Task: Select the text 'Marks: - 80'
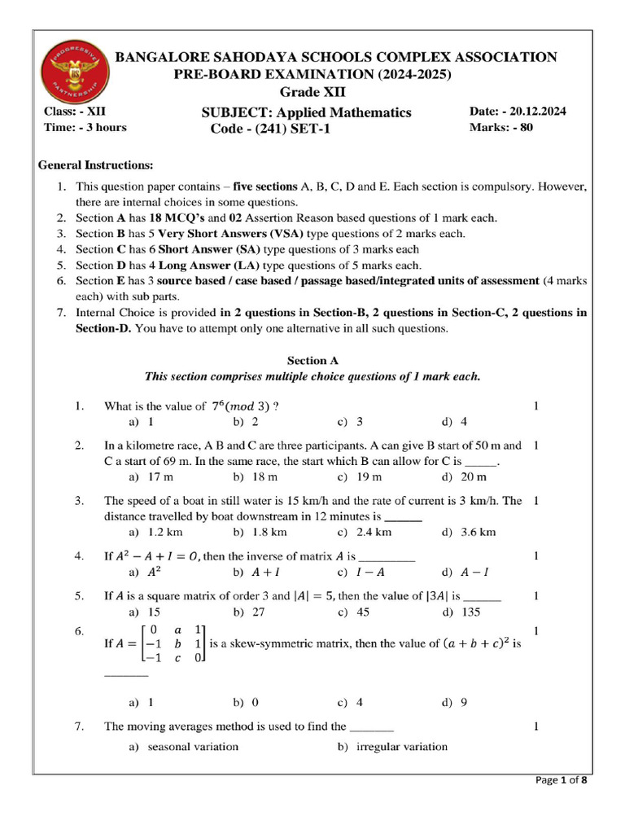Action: pyautogui.click(x=501, y=128)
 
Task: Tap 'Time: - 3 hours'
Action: pyautogui.click(x=85, y=127)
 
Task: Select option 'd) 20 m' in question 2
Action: pyautogui.click(x=464, y=477)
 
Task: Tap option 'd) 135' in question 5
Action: pyautogui.click(x=461, y=611)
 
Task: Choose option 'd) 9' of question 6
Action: pyautogui.click(x=454, y=701)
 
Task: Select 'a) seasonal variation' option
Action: pyautogui.click(x=184, y=746)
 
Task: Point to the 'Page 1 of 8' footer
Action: pyautogui.click(x=562, y=780)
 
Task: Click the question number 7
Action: pyautogui.click(x=79, y=726)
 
